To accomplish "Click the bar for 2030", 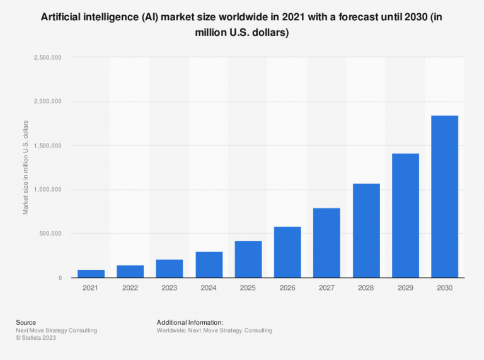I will click(444, 197).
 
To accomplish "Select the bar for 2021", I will click(91, 274).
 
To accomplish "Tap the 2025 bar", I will click(248, 259).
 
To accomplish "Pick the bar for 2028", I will click(366, 231).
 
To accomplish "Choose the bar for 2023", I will click(170, 269).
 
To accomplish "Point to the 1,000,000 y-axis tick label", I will click(47, 190).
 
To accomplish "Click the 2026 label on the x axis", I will click(287, 288).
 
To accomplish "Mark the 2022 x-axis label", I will click(130, 288).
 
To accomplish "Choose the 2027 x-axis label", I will click(326, 288).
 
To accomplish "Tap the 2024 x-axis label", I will click(209, 288).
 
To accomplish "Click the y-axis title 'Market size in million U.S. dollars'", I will click(26, 167).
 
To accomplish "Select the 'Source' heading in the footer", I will click(26, 322).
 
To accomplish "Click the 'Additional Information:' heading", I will click(190, 322).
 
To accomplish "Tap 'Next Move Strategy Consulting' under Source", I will click(56, 330).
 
